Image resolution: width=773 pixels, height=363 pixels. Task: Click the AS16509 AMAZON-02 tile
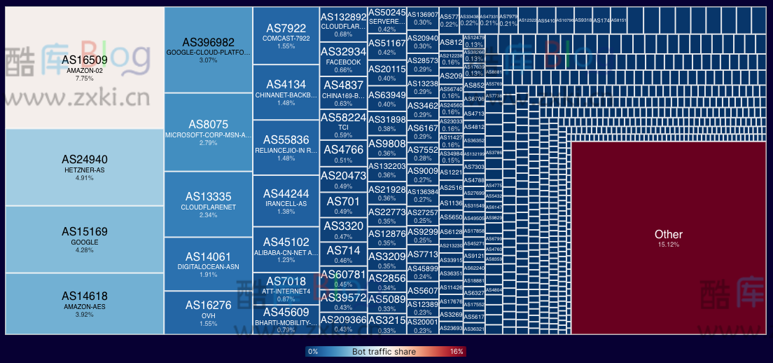click(84, 67)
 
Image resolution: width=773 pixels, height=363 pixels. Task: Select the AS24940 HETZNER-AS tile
click(84, 167)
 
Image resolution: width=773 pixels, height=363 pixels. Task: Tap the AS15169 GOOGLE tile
click(84, 238)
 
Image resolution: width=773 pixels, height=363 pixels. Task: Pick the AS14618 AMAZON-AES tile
click(84, 303)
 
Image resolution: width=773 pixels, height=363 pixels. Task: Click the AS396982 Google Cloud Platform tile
click(208, 49)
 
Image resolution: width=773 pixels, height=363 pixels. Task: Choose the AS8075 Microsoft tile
click(208, 132)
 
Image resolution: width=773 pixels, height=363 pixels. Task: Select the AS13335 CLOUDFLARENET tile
click(208, 204)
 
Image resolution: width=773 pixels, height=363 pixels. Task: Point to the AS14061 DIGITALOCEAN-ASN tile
click(208, 263)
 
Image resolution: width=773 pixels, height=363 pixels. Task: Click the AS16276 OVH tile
click(208, 312)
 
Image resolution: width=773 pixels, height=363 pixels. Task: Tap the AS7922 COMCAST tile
click(286, 36)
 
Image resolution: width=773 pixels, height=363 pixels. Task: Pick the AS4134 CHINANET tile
click(286, 92)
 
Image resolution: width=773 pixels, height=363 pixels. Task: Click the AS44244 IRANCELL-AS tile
click(286, 200)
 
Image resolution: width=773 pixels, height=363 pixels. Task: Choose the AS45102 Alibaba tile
click(286, 249)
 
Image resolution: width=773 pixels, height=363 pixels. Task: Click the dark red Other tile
click(668, 238)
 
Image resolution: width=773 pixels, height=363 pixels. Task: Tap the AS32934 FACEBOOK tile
click(343, 59)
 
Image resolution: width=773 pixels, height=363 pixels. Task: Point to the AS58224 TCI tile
click(343, 125)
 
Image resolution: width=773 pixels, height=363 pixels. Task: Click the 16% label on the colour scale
click(457, 351)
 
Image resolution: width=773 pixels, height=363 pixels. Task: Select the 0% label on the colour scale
click(313, 351)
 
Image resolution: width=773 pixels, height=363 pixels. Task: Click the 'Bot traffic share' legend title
click(384, 351)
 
